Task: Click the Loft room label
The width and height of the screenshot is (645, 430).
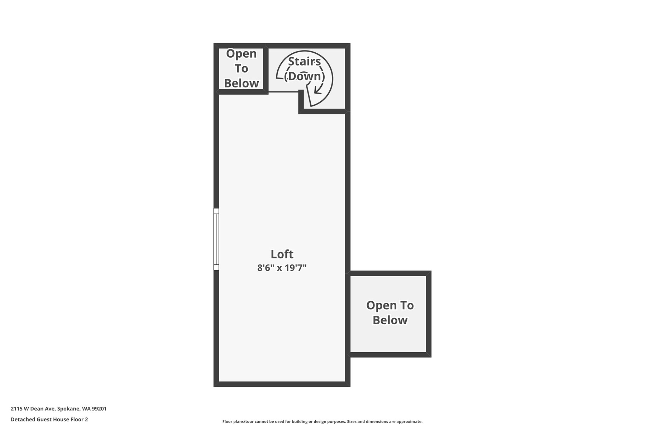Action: point(282,254)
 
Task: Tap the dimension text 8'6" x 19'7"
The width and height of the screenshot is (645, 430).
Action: point(282,268)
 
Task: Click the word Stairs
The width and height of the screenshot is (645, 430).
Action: point(305,61)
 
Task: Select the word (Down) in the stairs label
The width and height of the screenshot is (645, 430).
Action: point(305,76)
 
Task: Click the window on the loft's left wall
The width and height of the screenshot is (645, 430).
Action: point(216,239)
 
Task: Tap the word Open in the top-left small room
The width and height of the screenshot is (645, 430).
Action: point(242,53)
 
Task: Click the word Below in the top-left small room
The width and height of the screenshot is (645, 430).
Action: point(242,83)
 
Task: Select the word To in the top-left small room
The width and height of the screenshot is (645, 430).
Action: point(242,68)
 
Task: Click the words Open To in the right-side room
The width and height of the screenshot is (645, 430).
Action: point(390,305)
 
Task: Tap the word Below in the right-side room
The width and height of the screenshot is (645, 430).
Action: point(390,320)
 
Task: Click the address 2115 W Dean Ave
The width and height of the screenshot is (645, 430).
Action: point(33,408)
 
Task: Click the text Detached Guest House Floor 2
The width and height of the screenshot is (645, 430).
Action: point(49,419)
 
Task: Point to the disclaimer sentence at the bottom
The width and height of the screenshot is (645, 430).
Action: point(322,422)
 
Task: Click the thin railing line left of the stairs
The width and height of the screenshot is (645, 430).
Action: point(283,92)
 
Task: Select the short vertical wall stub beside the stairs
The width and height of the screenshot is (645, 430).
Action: point(301,101)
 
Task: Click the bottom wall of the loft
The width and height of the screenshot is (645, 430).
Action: point(282,384)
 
